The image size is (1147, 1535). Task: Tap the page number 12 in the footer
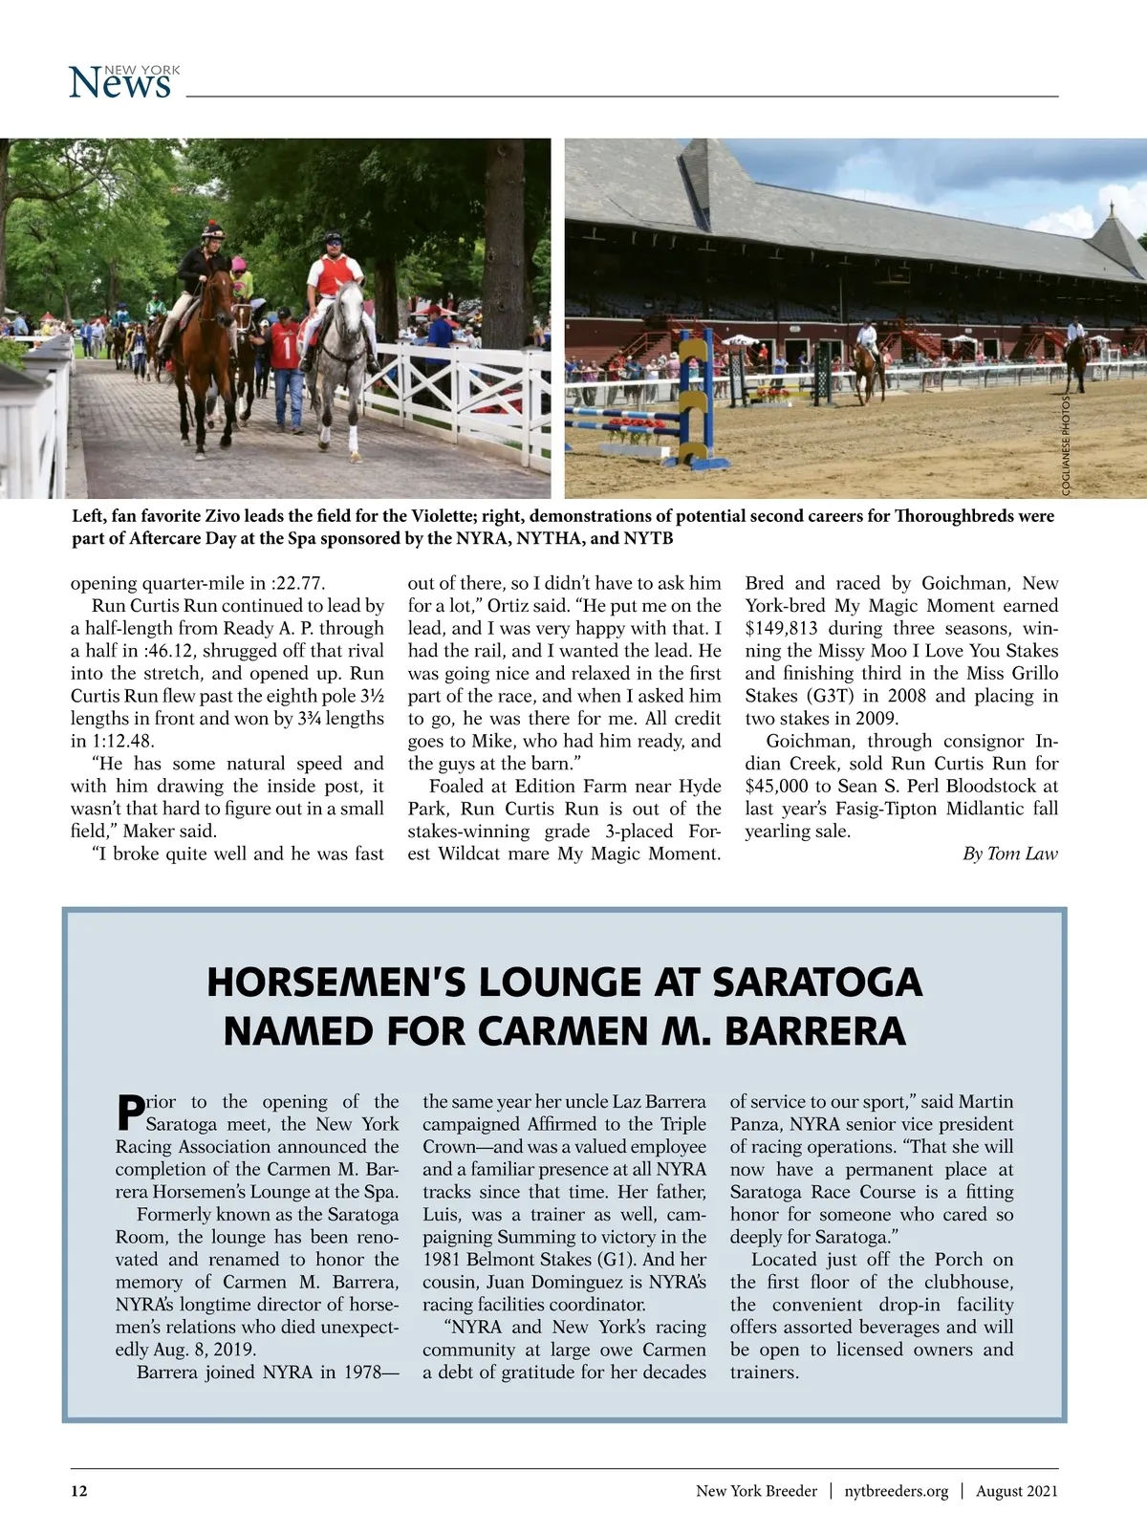point(79,1491)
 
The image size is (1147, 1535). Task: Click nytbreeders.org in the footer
point(896,1491)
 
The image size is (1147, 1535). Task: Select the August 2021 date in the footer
point(1016,1491)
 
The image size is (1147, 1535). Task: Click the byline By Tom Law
point(1009,854)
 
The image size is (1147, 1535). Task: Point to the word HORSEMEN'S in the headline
point(337,983)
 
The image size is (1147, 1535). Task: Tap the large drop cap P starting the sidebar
point(130,1112)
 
